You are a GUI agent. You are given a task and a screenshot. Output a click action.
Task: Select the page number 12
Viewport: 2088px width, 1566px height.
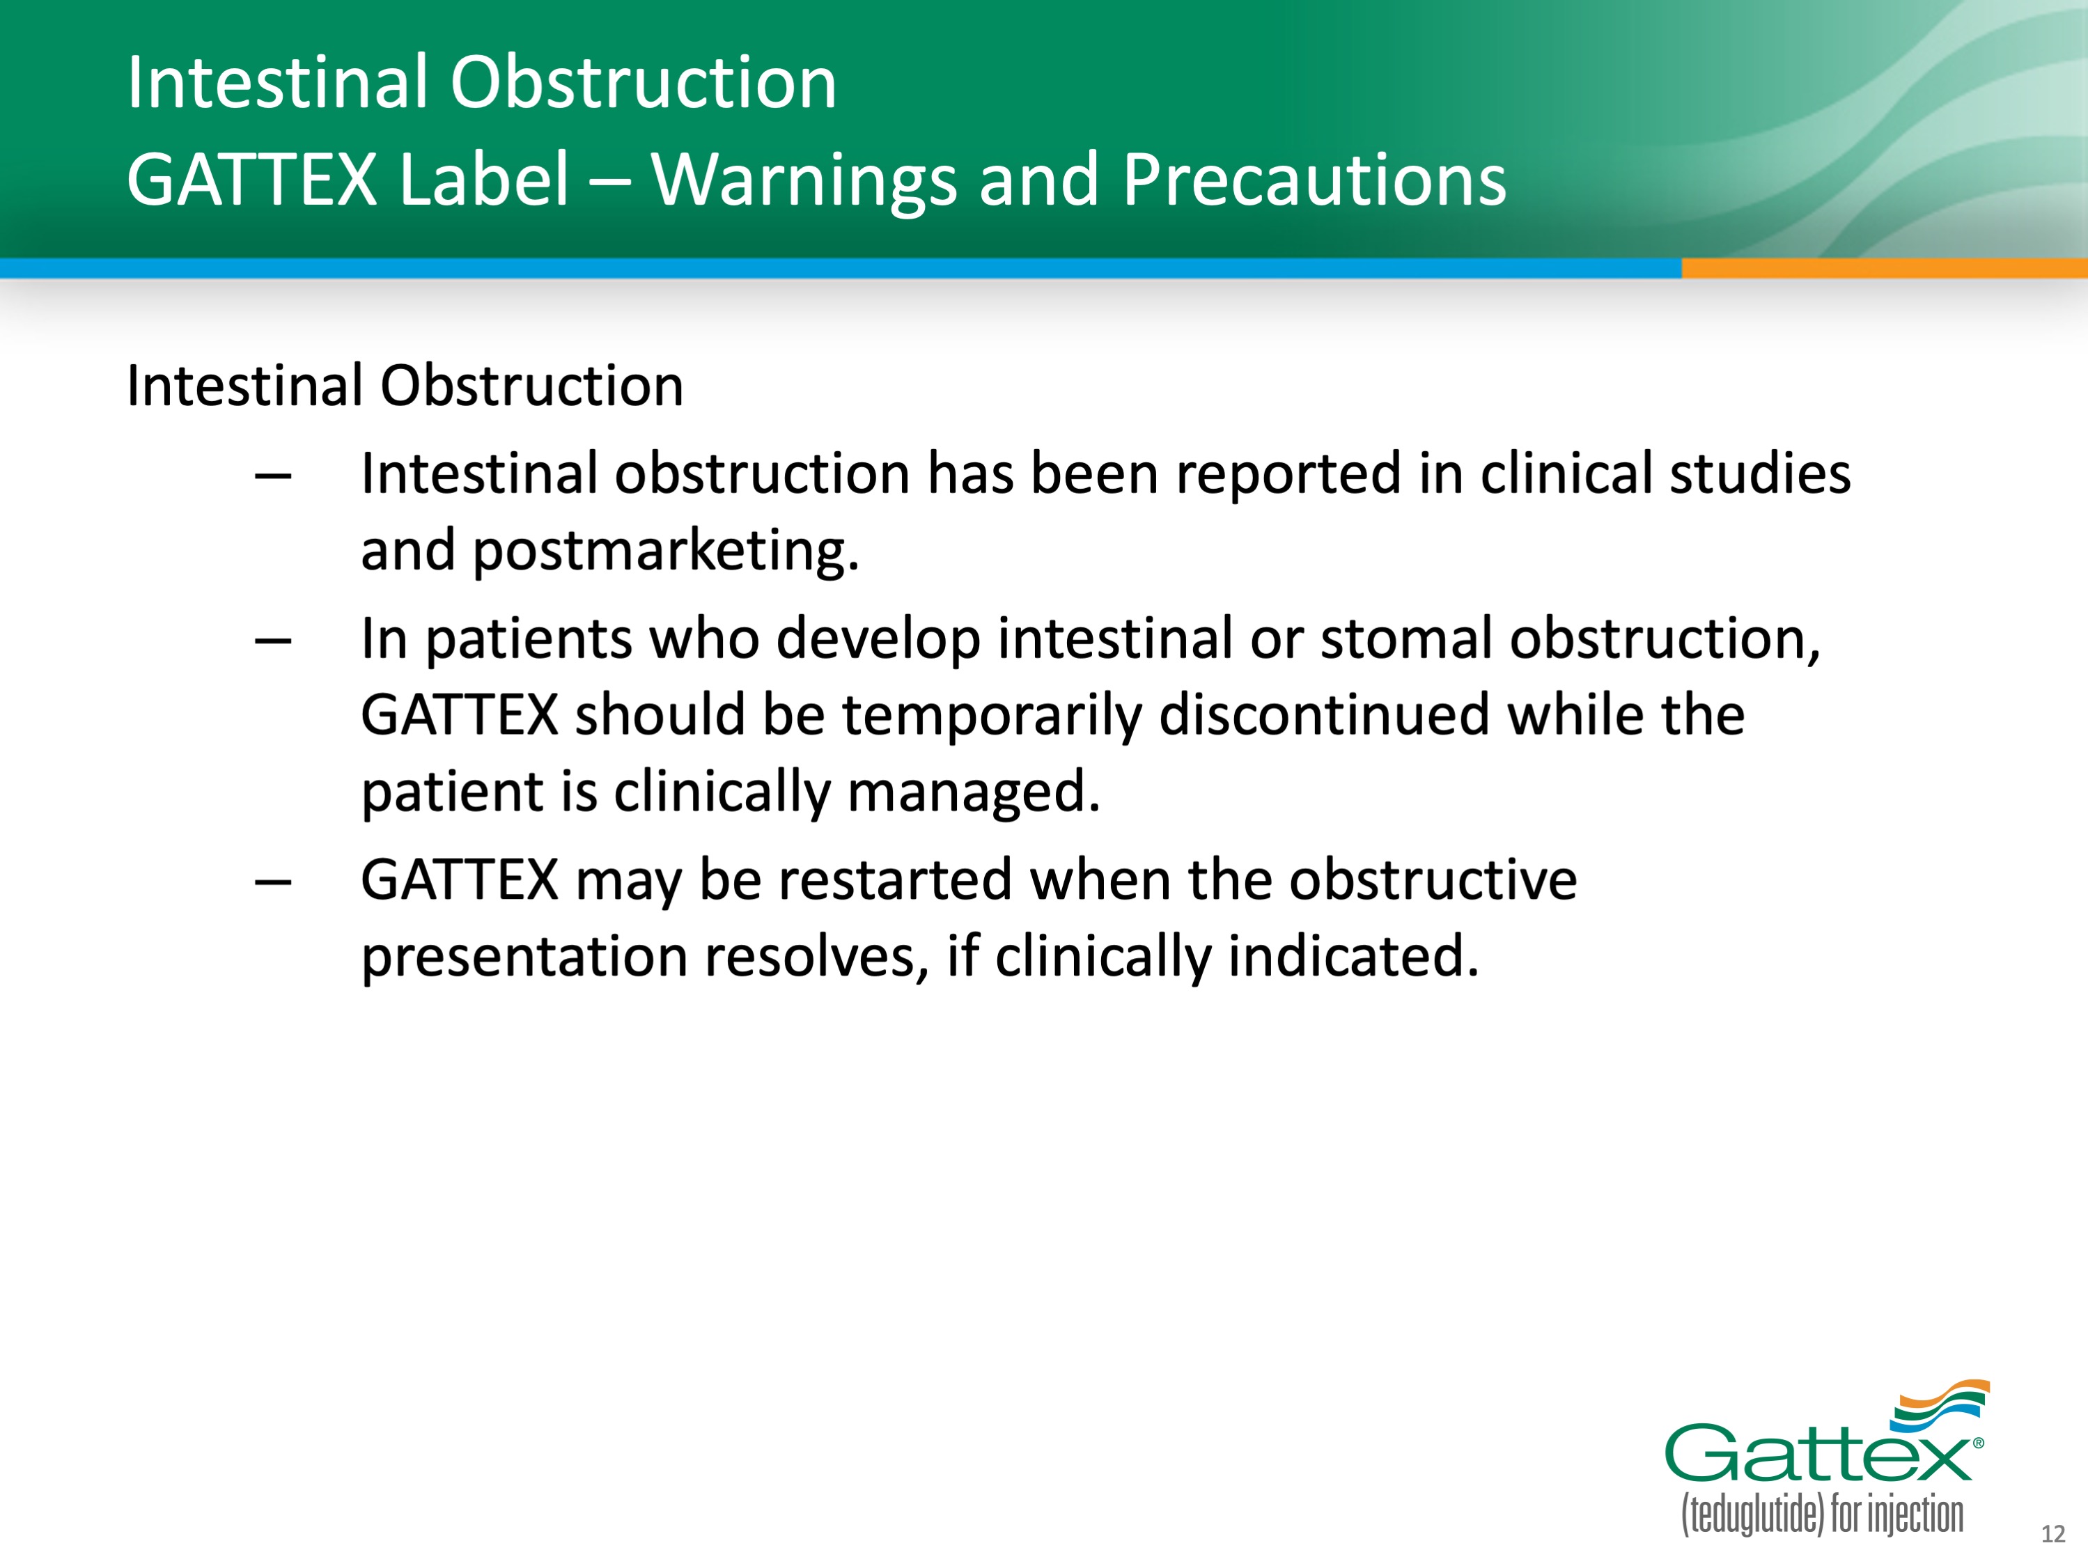click(x=2053, y=1534)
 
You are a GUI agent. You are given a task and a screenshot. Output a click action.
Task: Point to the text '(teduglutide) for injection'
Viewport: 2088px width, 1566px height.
click(x=1822, y=1515)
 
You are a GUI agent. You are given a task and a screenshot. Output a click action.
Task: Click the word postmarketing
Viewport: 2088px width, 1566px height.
click(x=666, y=551)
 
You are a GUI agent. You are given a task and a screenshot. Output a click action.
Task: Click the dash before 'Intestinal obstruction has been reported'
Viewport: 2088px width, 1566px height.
click(x=273, y=477)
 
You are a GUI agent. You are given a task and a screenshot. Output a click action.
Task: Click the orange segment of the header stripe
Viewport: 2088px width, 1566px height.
click(x=1884, y=268)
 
